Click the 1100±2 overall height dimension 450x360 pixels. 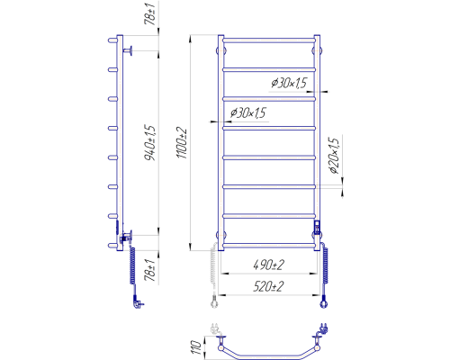pyautogui.click(x=182, y=143)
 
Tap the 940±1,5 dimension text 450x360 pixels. pyautogui.click(x=150, y=142)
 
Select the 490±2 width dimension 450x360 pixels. pyautogui.click(x=268, y=265)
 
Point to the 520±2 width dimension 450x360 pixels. pyautogui.click(x=268, y=286)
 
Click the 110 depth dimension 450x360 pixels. pyautogui.click(x=195, y=347)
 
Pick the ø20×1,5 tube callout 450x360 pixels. pyautogui.click(x=334, y=156)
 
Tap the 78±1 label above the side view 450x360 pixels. pyautogui.click(x=150, y=13)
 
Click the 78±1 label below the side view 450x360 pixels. pyautogui.click(x=150, y=270)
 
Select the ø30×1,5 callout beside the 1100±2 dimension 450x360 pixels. pyautogui.click(x=248, y=112)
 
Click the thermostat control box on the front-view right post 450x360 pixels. pyautogui.click(x=317, y=226)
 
